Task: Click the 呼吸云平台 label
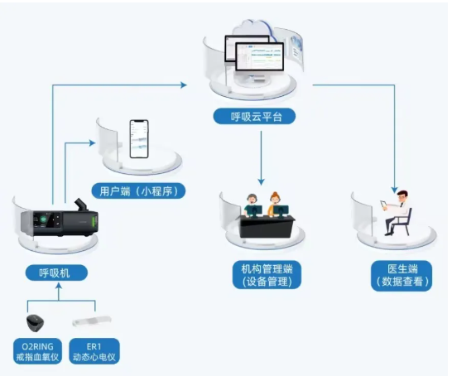[254, 117]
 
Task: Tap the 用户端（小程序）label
[138, 191]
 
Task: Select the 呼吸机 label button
[56, 272]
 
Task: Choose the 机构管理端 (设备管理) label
[267, 275]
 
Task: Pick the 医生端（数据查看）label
[402, 276]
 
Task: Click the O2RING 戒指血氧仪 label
[37, 351]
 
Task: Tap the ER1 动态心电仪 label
[94, 351]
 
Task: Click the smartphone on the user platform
[139, 139]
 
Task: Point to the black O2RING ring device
[35, 323]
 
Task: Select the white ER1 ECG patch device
[92, 321]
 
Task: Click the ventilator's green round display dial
[43, 219]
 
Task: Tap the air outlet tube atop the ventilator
[81, 205]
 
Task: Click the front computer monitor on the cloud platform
[259, 57]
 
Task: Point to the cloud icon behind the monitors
[253, 27]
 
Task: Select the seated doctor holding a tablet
[398, 213]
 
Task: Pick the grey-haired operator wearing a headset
[252, 205]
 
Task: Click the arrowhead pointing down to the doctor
[394, 190]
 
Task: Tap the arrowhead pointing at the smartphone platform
[92, 142]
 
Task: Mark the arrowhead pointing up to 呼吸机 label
[59, 286]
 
